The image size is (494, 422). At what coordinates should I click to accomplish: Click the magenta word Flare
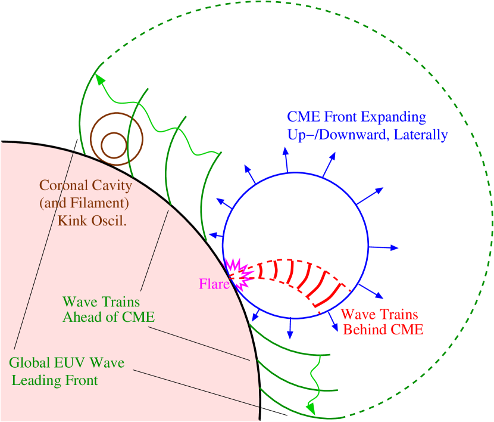[x=214, y=284]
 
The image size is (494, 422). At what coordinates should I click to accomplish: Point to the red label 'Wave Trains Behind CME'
[x=381, y=322]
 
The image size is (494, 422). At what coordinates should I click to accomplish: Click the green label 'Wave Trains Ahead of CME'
[x=109, y=309]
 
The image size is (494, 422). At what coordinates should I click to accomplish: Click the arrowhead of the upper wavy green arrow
[x=100, y=81]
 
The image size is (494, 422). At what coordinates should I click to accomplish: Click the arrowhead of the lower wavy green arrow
[x=310, y=409]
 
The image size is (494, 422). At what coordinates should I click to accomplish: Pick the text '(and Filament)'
[x=84, y=203]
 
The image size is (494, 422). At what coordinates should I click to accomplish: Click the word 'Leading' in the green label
[x=34, y=380]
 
